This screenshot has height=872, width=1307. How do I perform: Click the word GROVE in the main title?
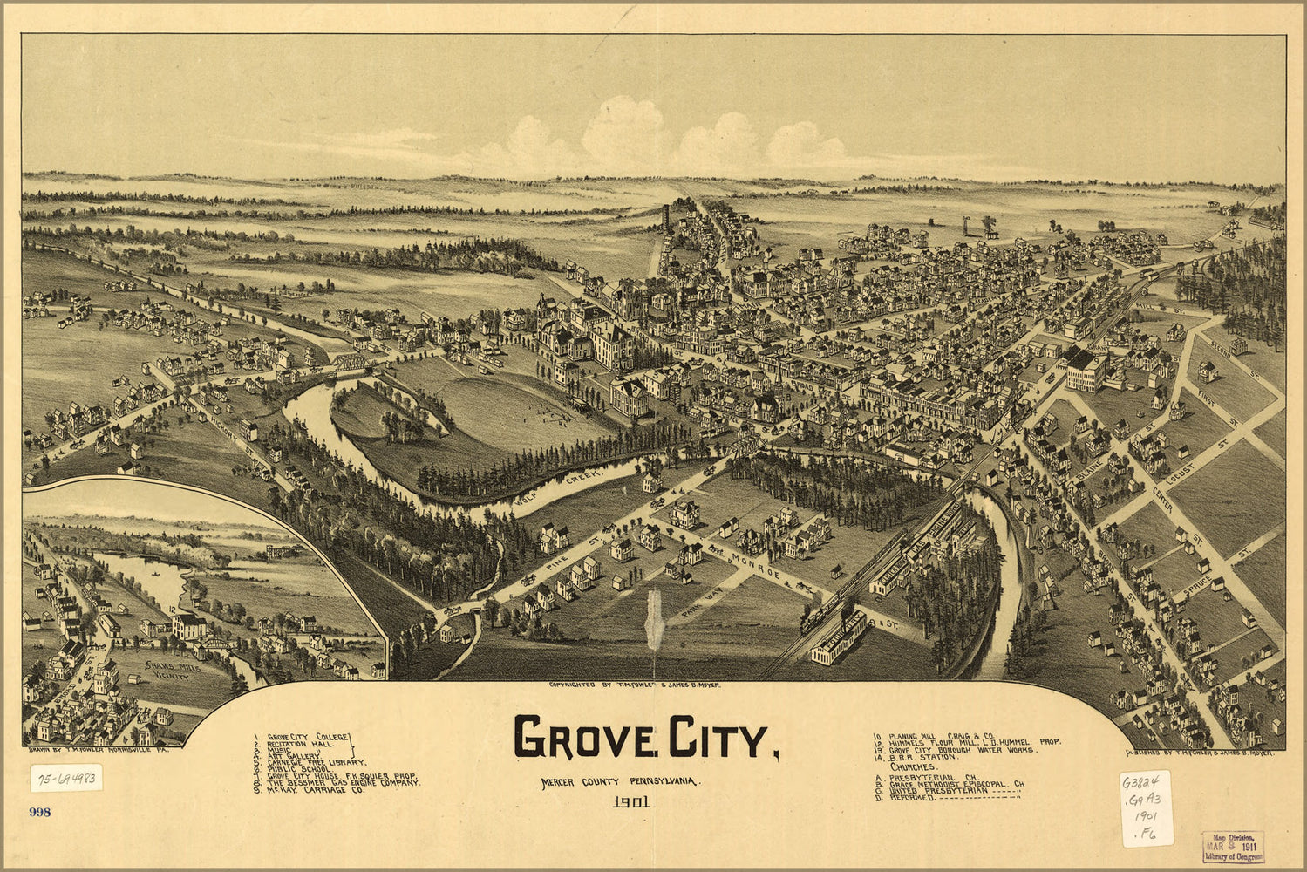click(x=583, y=737)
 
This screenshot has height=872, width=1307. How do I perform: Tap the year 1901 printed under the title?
click(x=631, y=803)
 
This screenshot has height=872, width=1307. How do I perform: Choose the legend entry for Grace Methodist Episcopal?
click(x=956, y=785)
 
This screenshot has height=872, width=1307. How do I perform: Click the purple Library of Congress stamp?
click(x=1232, y=847)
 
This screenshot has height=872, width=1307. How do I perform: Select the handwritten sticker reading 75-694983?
click(x=66, y=777)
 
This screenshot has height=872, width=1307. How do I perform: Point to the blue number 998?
click(x=40, y=813)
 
